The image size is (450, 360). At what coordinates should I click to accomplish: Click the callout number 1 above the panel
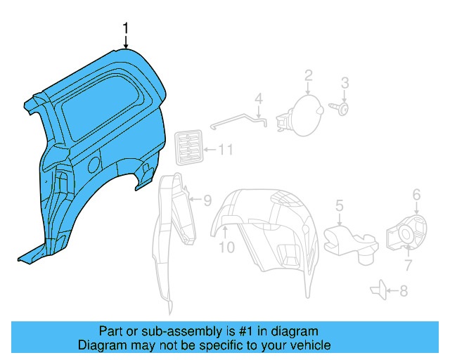[x=126, y=28]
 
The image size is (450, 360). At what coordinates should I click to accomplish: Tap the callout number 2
[x=308, y=75]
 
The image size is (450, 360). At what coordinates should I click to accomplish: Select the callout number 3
[x=345, y=83]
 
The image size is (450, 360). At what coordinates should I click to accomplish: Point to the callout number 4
[x=258, y=98]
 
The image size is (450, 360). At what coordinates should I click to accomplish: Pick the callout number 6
[x=416, y=195]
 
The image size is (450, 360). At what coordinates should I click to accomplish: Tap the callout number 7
[x=407, y=264]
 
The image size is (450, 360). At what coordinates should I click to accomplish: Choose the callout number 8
[x=403, y=290]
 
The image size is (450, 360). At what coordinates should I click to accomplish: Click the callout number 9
[x=207, y=200]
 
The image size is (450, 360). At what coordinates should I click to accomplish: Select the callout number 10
[x=226, y=247]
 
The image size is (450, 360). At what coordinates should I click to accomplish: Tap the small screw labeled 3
[x=340, y=108]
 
